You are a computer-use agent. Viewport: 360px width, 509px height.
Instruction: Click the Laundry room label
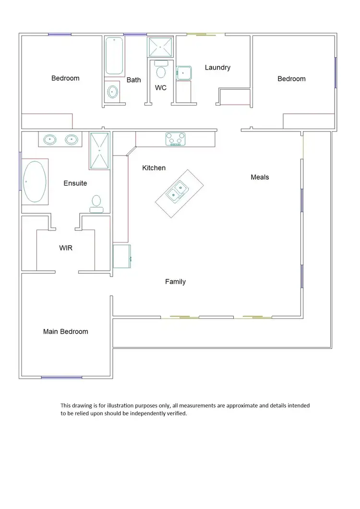217,68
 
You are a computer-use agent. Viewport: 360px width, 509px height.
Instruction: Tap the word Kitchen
154,168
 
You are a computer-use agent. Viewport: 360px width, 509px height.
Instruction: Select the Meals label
260,177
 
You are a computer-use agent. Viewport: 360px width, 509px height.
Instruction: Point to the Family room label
175,282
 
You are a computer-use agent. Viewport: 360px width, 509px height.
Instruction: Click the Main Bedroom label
65,331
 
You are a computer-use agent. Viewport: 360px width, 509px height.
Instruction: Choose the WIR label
65,248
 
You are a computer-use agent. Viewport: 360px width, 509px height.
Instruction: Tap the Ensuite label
75,183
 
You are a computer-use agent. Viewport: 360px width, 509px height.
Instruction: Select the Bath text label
133,80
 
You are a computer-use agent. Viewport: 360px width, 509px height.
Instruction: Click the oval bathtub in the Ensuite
35,182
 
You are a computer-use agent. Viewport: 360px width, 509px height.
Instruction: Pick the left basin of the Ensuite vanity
50,140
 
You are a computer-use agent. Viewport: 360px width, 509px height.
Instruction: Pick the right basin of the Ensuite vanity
72,140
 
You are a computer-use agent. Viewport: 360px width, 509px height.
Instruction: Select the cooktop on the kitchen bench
175,139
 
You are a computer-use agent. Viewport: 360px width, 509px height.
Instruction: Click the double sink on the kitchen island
176,191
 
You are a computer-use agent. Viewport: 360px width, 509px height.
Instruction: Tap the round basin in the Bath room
113,91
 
